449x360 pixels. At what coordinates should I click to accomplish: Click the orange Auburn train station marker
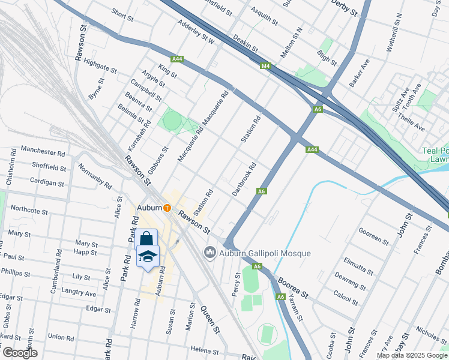[x=167, y=208]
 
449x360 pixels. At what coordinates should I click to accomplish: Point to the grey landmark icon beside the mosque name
[x=209, y=253]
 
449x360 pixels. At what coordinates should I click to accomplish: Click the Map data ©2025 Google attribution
[x=412, y=355]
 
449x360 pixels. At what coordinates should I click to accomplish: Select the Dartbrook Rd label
[x=244, y=179]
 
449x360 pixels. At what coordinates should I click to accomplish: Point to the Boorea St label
[x=292, y=287]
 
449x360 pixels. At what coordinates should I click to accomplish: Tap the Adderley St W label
[x=196, y=33]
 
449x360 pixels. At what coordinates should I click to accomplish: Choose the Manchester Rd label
[x=43, y=153]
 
